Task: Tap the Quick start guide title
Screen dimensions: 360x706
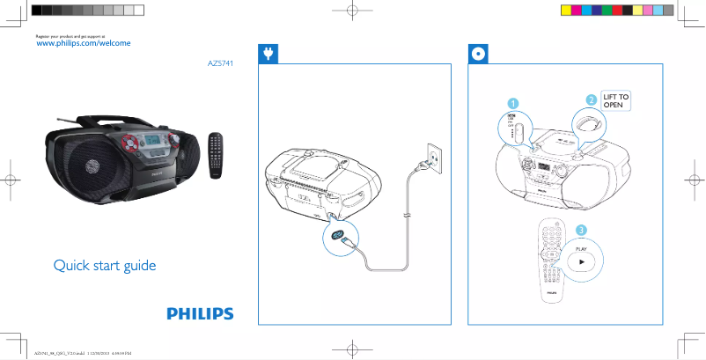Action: click(104, 265)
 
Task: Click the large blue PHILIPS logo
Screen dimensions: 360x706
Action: click(201, 313)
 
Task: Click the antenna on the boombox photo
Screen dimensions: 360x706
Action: click(70, 119)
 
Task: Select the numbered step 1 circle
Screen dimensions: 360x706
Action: click(511, 103)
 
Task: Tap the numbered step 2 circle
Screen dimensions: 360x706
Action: click(592, 99)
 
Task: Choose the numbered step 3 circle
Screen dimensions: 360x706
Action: click(581, 231)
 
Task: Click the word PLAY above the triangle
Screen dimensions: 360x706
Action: click(581, 249)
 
